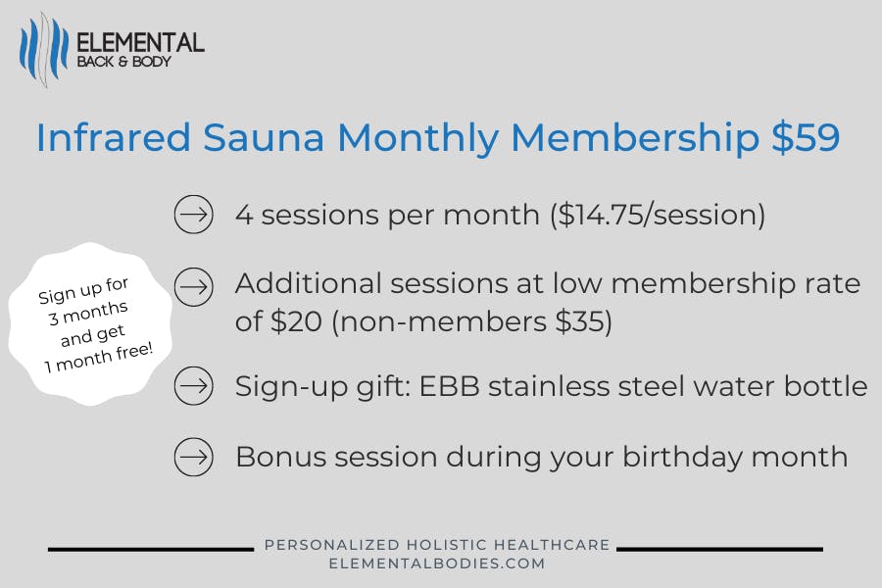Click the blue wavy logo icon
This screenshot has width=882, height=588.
44,50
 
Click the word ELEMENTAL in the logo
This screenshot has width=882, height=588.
140,43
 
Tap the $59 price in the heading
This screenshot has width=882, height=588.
807,137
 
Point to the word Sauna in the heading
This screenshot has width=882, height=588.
264,137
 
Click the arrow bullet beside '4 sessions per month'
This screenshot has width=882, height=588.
193,215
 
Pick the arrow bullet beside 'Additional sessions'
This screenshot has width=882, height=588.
193,287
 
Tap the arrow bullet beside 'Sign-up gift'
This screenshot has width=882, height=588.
193,386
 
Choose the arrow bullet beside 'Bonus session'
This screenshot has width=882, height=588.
193,457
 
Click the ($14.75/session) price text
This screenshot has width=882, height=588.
658,215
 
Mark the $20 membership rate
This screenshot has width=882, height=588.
296,321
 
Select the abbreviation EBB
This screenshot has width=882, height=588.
450,386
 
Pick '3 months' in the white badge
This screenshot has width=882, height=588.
88,313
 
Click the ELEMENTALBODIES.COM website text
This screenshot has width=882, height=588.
437,563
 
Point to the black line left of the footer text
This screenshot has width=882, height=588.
151,549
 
